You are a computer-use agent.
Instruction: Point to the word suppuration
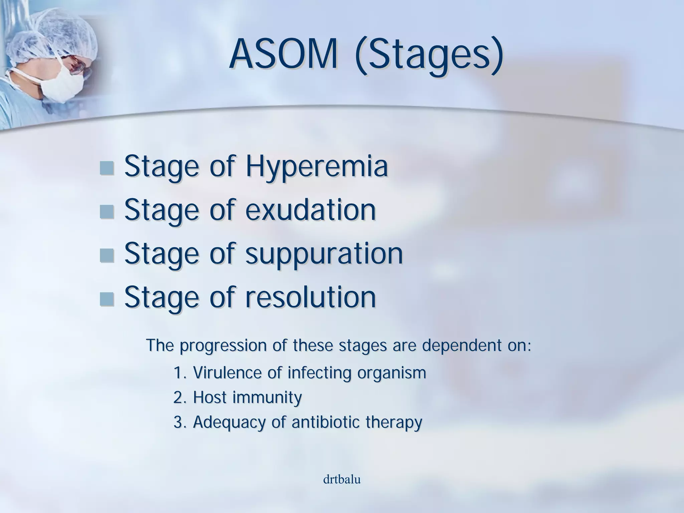pyautogui.click(x=324, y=254)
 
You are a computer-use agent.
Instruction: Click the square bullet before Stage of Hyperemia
pyautogui.click(x=107, y=168)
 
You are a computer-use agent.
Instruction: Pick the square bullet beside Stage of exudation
pyautogui.click(x=107, y=211)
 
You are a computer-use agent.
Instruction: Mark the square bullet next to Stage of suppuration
pyautogui.click(x=107, y=255)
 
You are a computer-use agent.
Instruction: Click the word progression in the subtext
pyautogui.click(x=223, y=346)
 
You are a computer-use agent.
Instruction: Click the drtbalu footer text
pyautogui.click(x=342, y=480)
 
